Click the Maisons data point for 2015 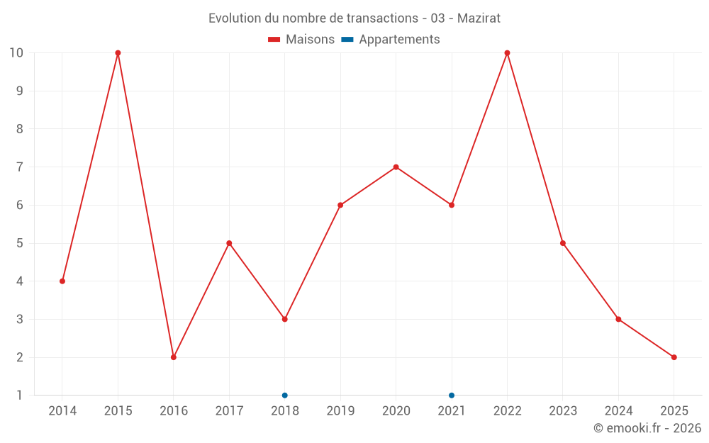pyautogui.click(x=118, y=53)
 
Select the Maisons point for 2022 pyautogui.click(x=507, y=53)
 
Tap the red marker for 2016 pyautogui.click(x=174, y=357)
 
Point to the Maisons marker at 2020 pyautogui.click(x=396, y=167)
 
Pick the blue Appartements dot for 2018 pyautogui.click(x=285, y=396)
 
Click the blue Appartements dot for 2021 pyautogui.click(x=452, y=396)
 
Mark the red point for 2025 pyautogui.click(x=674, y=357)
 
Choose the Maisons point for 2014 pyautogui.click(x=62, y=281)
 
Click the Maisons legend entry pyautogui.click(x=301, y=40)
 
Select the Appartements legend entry pyautogui.click(x=391, y=40)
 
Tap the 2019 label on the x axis pyautogui.click(x=340, y=410)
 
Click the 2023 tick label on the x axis pyautogui.click(x=563, y=410)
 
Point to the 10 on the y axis pyautogui.click(x=16, y=53)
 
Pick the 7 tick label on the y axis pyautogui.click(x=19, y=167)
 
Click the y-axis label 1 pyautogui.click(x=19, y=396)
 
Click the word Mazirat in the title pyautogui.click(x=479, y=18)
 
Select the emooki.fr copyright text pyautogui.click(x=647, y=428)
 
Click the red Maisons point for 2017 pyautogui.click(x=229, y=243)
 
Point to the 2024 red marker pyautogui.click(x=618, y=319)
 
